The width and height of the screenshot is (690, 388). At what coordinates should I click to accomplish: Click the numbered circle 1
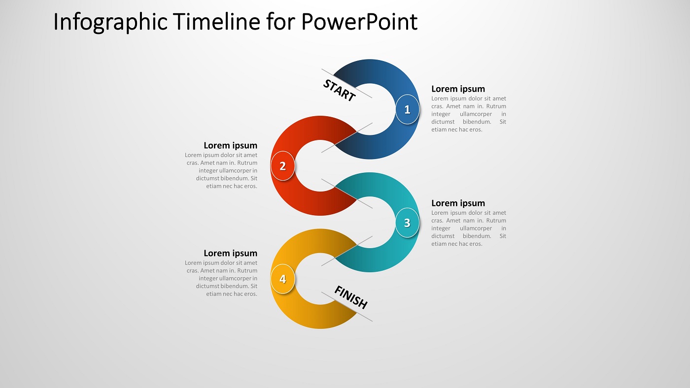[x=407, y=109]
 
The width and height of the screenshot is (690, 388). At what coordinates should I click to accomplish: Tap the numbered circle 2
[x=282, y=166]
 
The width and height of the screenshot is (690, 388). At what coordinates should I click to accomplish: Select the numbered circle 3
[x=407, y=223]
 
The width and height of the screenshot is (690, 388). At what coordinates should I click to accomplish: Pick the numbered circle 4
[x=282, y=279]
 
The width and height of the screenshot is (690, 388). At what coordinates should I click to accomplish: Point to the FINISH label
[x=351, y=297]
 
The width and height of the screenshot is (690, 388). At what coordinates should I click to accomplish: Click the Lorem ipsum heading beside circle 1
[x=458, y=89]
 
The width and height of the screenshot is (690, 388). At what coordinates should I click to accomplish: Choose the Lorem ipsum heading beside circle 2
[x=230, y=146]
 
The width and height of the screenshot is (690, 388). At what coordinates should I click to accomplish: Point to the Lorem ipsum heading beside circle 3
[x=458, y=203]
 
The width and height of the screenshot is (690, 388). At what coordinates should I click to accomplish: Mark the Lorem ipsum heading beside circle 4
[x=230, y=254]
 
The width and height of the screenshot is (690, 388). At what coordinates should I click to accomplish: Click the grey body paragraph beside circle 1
[x=468, y=114]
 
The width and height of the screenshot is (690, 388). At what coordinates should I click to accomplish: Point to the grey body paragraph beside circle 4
[x=222, y=279]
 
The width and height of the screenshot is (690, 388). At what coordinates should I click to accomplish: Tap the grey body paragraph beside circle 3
[x=468, y=228]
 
